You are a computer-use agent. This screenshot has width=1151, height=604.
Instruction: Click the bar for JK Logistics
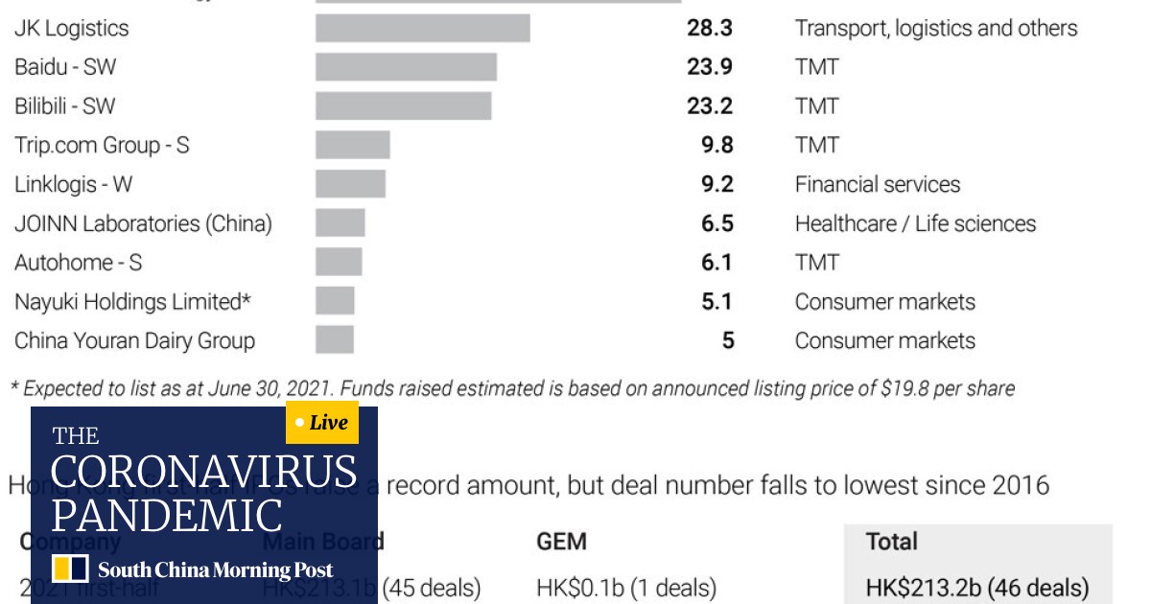coord(422,28)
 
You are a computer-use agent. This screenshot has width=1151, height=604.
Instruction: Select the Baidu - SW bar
coord(406,67)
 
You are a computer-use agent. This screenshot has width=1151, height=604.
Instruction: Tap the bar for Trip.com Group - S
coord(352,145)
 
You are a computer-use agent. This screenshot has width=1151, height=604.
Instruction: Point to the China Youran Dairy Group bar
coord(335,340)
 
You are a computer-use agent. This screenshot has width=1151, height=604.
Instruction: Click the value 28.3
coord(709,28)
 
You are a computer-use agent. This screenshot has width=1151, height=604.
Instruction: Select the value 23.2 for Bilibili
coord(709,105)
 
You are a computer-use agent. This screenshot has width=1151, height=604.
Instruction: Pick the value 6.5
coord(716,223)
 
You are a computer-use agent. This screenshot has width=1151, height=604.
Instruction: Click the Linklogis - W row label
coord(73,184)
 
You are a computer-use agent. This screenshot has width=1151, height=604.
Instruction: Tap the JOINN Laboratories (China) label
coord(143,223)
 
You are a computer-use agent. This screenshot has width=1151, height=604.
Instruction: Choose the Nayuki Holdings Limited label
coord(132,302)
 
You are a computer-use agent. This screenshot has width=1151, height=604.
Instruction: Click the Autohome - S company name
coord(78,263)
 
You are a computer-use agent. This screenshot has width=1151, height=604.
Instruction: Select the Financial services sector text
coord(877,184)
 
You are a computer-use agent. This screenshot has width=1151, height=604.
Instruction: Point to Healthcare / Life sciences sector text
coord(915,223)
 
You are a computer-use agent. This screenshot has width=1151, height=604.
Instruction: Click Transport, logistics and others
coord(935,28)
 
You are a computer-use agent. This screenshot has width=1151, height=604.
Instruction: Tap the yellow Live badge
coord(322,423)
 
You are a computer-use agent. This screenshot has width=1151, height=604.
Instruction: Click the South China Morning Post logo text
coord(215,570)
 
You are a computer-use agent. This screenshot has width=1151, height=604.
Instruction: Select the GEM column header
coord(560,542)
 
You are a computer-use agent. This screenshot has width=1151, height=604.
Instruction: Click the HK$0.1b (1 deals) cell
coord(625,587)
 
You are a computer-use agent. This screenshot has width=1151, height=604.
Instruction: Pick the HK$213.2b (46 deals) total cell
coord(976,587)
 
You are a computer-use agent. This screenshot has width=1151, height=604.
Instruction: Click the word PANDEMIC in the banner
coord(167,515)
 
